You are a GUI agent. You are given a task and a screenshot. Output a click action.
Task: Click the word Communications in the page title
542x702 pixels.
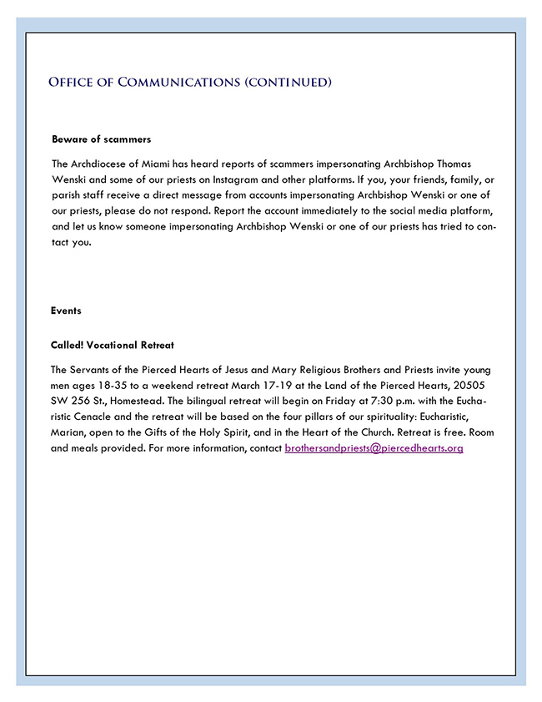coord(177,82)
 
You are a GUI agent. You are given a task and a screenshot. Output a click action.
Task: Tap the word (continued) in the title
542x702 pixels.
coord(288,82)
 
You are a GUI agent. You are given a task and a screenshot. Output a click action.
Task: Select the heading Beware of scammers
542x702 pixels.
coord(101,139)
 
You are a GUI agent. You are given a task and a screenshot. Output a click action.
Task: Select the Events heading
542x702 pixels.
coord(66,311)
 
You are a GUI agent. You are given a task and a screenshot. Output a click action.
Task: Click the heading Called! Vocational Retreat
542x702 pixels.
coord(112,345)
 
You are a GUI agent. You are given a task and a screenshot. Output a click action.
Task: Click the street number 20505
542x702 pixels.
coord(476,385)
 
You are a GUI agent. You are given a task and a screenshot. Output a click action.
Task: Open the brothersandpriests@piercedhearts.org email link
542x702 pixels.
coord(374,448)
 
